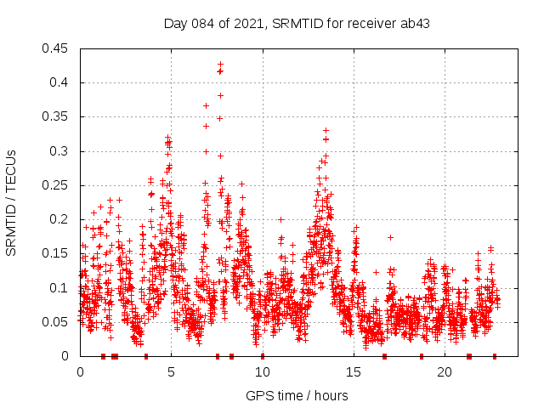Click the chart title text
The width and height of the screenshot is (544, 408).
coord(297,23)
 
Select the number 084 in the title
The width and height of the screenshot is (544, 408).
coord(207,23)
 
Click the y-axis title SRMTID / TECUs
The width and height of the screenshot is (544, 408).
coord(11,202)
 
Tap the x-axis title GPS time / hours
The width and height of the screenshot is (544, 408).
coord(297,395)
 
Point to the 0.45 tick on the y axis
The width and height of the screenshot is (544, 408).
coord(56,48)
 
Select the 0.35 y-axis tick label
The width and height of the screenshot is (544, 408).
coord(56,117)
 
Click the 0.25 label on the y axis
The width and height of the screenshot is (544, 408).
coord(56,185)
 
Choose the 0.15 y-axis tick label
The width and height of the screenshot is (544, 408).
coord(56,253)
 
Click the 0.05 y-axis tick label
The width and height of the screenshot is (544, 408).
coord(56,322)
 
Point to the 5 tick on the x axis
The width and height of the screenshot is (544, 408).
coord(171,372)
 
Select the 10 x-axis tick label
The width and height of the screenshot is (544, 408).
coord(262,372)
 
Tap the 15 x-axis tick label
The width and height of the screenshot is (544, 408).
coord(353,372)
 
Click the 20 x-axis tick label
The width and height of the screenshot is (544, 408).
coord(444,372)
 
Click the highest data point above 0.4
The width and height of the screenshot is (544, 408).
coord(220,64)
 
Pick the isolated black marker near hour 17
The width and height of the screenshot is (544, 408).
coord(390,237)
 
